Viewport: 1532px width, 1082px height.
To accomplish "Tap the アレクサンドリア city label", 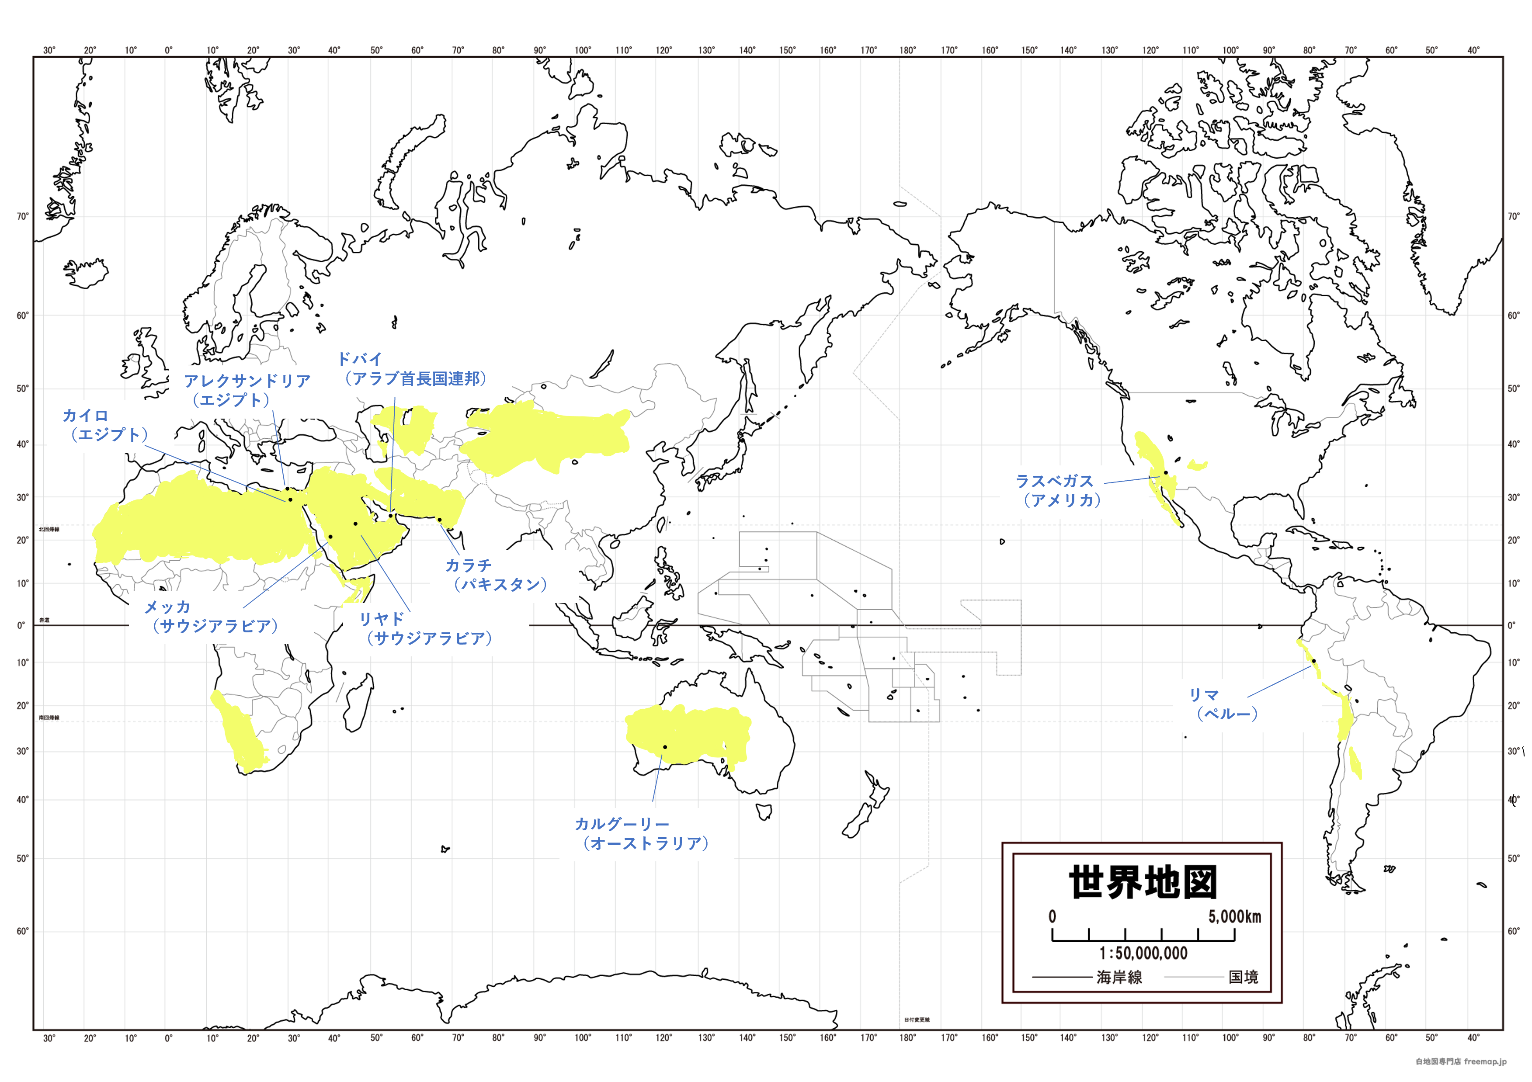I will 247,390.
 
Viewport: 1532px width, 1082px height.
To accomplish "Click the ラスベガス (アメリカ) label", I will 1058,490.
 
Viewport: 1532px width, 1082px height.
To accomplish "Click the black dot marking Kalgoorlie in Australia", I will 664,747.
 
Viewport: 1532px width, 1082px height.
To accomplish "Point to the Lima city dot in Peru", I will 1313,661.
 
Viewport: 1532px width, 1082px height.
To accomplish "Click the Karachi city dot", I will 439,520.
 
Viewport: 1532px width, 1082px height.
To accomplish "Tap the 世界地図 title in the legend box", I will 1143,883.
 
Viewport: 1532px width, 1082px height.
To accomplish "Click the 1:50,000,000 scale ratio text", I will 1143,953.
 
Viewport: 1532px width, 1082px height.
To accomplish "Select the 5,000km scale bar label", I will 1234,916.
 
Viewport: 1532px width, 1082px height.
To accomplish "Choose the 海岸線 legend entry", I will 1119,977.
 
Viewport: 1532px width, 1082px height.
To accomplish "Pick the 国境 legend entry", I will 1243,977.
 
